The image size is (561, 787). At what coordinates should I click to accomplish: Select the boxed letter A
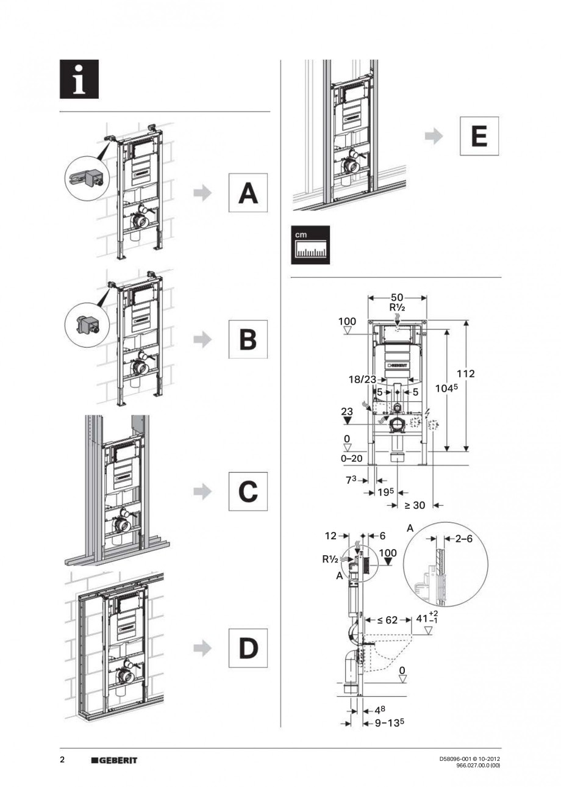[x=248, y=193]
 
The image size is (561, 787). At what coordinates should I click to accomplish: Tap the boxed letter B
[x=248, y=339]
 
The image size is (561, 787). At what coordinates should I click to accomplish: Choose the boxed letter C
[x=248, y=491]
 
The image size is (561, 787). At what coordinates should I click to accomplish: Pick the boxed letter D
[x=248, y=648]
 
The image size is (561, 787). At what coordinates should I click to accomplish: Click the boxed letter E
[x=479, y=137]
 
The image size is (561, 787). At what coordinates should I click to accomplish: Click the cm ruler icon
[x=310, y=245]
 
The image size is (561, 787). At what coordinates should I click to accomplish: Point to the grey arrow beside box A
[x=202, y=193]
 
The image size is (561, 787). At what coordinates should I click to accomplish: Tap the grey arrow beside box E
[x=434, y=137]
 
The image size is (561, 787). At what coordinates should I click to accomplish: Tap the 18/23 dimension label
[x=362, y=379]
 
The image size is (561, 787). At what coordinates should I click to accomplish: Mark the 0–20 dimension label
[x=352, y=458]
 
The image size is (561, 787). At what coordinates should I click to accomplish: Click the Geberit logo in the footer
[x=114, y=760]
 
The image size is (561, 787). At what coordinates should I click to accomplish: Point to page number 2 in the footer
[x=62, y=760]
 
